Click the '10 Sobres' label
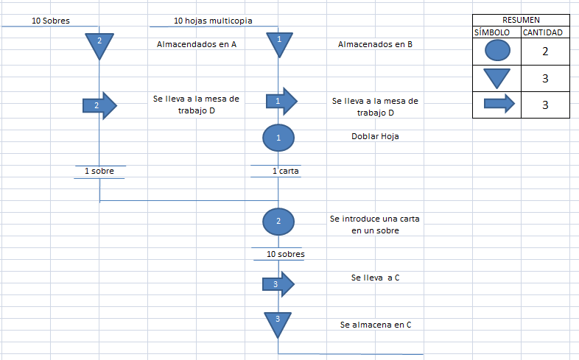(51, 21)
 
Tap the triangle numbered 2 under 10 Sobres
(99, 45)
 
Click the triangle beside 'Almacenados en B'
(278, 43)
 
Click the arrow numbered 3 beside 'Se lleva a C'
(278, 283)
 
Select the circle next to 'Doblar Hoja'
(278, 137)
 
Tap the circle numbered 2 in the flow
(278, 221)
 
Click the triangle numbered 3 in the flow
(278, 322)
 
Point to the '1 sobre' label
(99, 171)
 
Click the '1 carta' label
(286, 171)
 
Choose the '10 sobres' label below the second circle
(286, 254)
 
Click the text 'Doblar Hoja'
(375, 136)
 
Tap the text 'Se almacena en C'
(376, 324)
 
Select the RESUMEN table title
(520, 20)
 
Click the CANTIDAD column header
(543, 32)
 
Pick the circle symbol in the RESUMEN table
(496, 50)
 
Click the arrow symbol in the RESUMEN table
(498, 104)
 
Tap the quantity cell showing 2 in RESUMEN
(544, 50)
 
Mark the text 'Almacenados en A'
(197, 44)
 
